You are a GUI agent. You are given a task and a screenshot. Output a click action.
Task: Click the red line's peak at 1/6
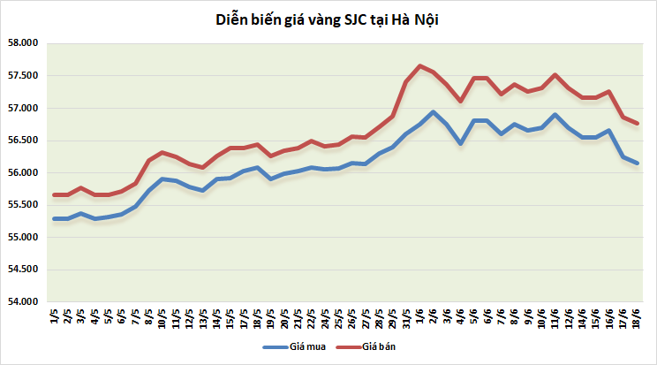pyautogui.click(x=419, y=65)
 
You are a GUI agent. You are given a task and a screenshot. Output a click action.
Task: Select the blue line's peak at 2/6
pyautogui.click(x=433, y=112)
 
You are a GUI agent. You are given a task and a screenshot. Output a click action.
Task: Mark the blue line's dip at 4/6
pyautogui.click(x=460, y=143)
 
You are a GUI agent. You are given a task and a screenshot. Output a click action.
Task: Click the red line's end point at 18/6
pyautogui.click(x=637, y=124)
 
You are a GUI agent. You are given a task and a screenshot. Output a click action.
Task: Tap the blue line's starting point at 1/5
pyautogui.click(x=55, y=218)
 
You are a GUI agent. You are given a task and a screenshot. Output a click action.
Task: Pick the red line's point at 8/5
pyautogui.click(x=148, y=160)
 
